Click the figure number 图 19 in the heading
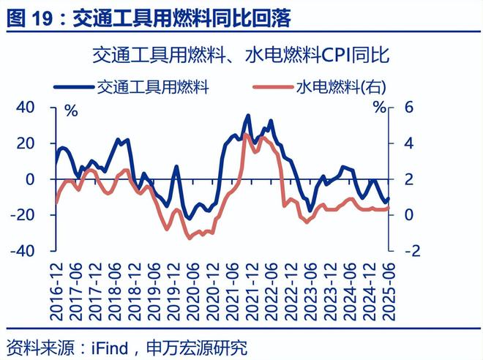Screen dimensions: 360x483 pos(34,18)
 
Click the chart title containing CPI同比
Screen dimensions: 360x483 pos(242,55)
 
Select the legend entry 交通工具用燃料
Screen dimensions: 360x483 pos(153,87)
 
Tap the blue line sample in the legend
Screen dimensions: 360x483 pos(75,88)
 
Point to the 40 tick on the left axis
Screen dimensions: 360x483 pos(26,108)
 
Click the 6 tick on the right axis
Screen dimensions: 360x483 pos(405,108)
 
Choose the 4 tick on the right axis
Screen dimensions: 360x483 pos(405,143)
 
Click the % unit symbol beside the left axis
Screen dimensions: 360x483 pos(71,111)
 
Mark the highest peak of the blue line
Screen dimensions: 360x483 pos(248,116)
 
